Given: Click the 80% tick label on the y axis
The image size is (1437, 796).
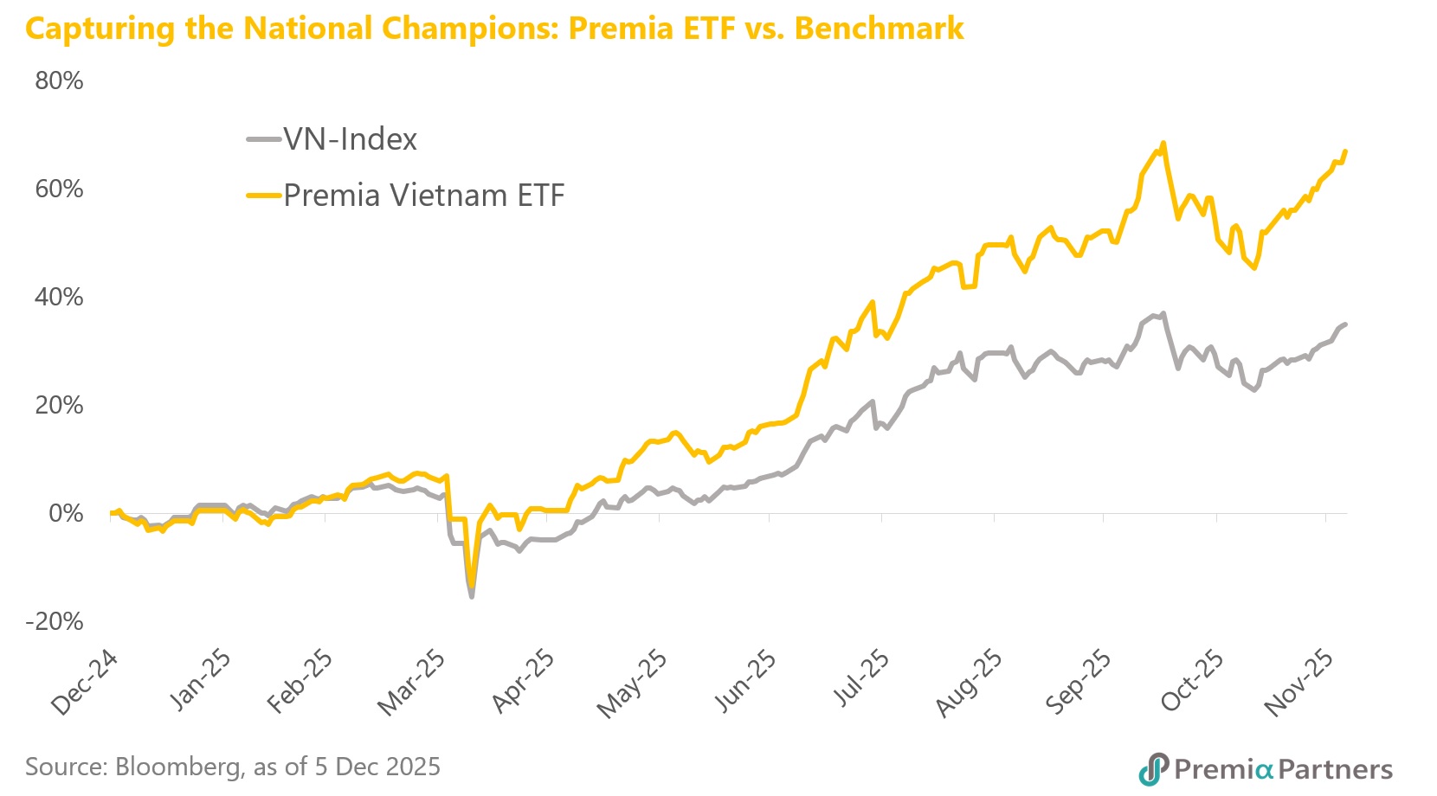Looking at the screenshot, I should [x=59, y=80].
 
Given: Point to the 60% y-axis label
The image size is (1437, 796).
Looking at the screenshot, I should [x=59, y=189].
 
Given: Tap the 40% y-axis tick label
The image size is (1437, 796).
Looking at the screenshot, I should [x=59, y=297].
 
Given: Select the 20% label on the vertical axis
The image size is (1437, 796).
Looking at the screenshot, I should [x=59, y=405].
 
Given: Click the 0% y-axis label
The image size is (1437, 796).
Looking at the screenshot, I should [x=66, y=513].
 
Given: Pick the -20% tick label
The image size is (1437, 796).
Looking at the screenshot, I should [x=55, y=621].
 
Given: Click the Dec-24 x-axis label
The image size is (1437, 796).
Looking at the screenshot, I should [x=84, y=684].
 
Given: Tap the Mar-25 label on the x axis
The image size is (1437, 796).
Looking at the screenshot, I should [x=411, y=684].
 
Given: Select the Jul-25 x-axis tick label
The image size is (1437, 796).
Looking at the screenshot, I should [x=860, y=679].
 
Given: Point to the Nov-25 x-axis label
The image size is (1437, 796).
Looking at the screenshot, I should [x=1299, y=684].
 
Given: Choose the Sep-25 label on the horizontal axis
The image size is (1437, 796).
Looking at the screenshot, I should [x=1079, y=684].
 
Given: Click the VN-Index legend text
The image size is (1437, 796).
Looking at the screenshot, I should [x=350, y=139].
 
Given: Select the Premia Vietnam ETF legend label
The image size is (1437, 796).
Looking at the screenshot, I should [x=423, y=196].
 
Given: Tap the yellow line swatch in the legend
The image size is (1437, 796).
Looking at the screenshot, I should [x=263, y=196].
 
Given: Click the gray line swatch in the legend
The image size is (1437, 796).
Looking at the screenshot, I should [x=263, y=139].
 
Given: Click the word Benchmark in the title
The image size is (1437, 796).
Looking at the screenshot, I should [x=879, y=29].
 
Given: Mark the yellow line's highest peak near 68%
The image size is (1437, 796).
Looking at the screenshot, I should [x=1163, y=144].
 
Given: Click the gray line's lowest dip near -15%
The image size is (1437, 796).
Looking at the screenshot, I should [x=472, y=596].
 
